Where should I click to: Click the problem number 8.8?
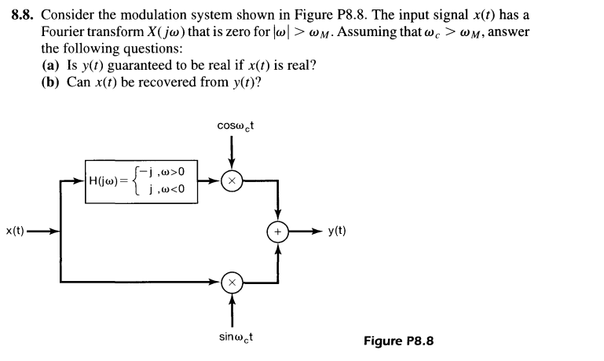coord(24,13)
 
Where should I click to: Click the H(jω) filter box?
coord(137,180)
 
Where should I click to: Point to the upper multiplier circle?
coord(231,180)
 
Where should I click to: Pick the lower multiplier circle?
coord(231,281)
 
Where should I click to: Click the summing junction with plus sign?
coord(278,232)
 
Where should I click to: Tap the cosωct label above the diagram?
coord(231,127)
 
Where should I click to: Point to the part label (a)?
coord(52,65)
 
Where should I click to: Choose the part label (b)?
coord(52,82)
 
